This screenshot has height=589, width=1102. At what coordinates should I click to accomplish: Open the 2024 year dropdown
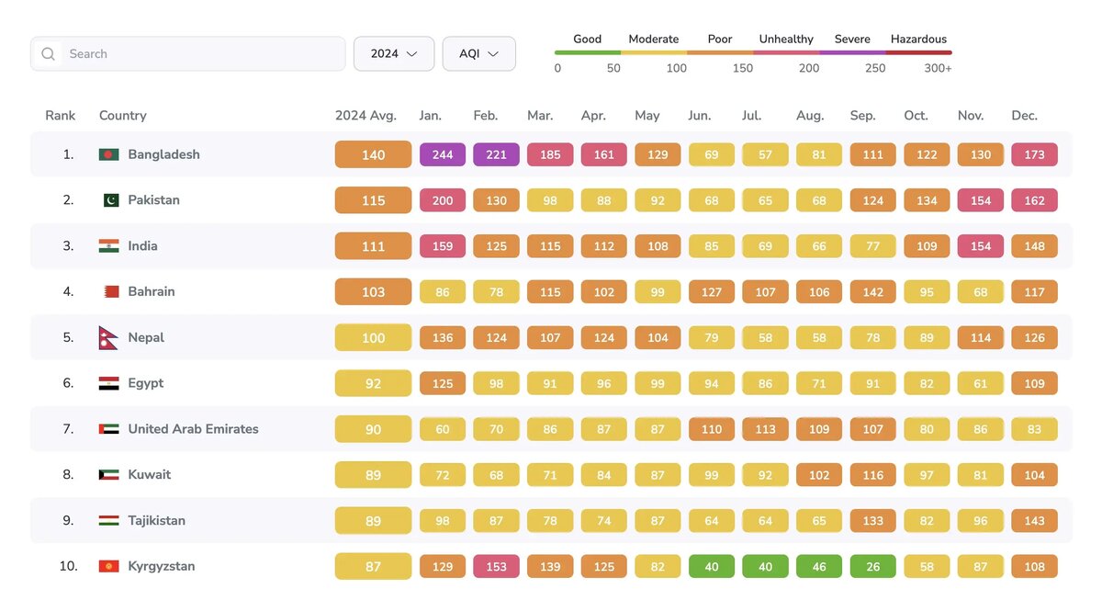click(394, 54)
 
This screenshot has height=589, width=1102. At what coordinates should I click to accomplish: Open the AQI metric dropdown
click(478, 54)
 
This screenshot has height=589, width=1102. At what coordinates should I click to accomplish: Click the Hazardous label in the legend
click(918, 40)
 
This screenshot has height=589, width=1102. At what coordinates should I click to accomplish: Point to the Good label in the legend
click(587, 40)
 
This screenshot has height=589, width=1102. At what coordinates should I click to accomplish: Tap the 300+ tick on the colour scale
click(938, 68)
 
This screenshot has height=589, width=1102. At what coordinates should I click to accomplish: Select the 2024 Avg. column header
click(365, 116)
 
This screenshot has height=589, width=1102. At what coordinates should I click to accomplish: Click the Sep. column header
click(863, 116)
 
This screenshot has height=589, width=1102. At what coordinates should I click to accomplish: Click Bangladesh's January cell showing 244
click(443, 154)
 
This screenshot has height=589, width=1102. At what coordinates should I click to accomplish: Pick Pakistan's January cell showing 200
click(443, 200)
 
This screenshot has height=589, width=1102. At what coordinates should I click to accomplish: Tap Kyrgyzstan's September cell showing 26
click(872, 566)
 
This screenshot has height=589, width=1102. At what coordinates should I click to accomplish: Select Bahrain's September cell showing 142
click(872, 292)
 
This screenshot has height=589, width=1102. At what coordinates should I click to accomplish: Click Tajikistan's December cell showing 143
click(1034, 521)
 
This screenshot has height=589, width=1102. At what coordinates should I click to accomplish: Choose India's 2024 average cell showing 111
click(373, 246)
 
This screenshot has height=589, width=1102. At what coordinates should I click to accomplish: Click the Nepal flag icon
click(108, 338)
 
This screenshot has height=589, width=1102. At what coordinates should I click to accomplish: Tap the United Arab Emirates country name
click(193, 429)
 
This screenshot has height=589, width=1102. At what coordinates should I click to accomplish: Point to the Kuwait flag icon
click(108, 475)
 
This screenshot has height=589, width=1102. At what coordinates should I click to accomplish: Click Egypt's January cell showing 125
click(443, 383)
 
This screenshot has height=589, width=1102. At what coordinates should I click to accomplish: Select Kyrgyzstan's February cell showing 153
click(496, 566)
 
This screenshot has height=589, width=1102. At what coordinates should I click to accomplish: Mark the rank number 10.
click(68, 566)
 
